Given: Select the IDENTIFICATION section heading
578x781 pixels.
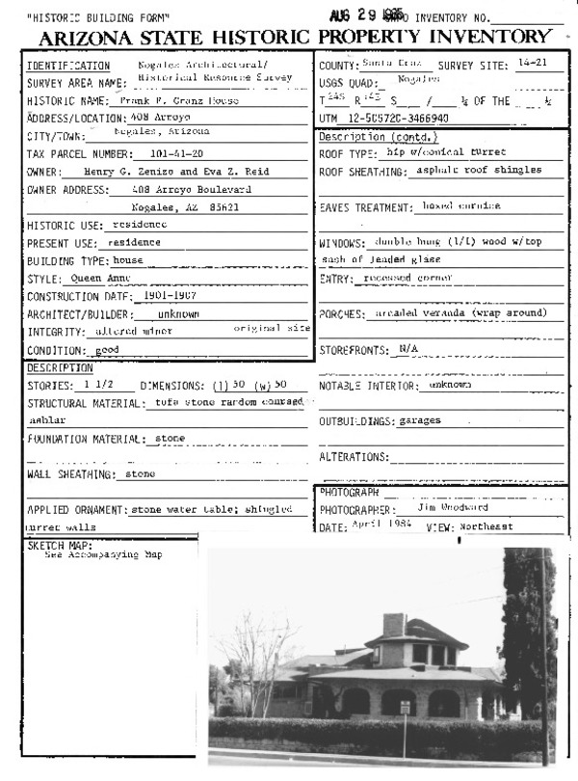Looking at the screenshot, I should click(x=63, y=65).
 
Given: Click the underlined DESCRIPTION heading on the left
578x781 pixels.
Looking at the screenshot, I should click(x=59, y=368).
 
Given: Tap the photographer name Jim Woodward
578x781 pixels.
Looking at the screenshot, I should click(x=453, y=507).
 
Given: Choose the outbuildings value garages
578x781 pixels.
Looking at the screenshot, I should click(x=419, y=421).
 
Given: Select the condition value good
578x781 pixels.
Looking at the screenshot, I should click(x=106, y=349).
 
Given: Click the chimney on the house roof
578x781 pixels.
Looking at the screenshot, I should click(x=393, y=624).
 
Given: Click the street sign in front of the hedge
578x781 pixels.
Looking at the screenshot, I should click(x=405, y=709).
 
